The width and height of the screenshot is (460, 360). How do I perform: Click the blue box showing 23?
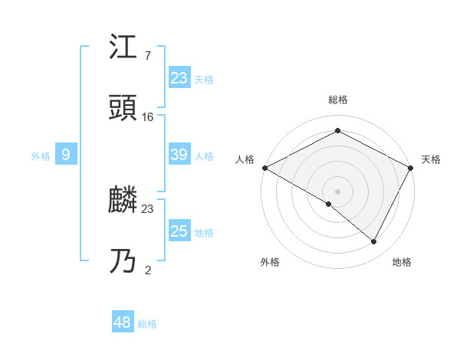point(179,77)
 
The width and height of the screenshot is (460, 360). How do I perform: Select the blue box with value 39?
point(179,155)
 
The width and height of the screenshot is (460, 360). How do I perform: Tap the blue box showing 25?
point(179,231)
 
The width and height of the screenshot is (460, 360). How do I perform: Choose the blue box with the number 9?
point(66,155)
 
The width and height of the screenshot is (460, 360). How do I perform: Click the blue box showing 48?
point(123,322)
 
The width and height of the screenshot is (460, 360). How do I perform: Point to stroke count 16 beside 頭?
point(148,117)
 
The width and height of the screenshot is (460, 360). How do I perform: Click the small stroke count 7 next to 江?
point(147,56)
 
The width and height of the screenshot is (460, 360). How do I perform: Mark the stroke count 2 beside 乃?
point(147,270)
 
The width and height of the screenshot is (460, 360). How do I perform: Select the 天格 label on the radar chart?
point(431,159)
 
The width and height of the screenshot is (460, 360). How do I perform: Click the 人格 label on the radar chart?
point(245,159)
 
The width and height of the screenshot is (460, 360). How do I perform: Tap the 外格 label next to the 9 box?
point(41,156)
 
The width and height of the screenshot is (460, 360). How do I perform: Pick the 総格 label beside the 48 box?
point(147,324)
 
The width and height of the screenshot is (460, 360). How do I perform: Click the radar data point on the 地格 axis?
point(374,242)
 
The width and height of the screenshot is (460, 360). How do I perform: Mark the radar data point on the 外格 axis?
point(329,204)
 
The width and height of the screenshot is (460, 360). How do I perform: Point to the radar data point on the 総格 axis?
point(337,131)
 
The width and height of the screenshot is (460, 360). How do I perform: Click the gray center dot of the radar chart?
point(337,191)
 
